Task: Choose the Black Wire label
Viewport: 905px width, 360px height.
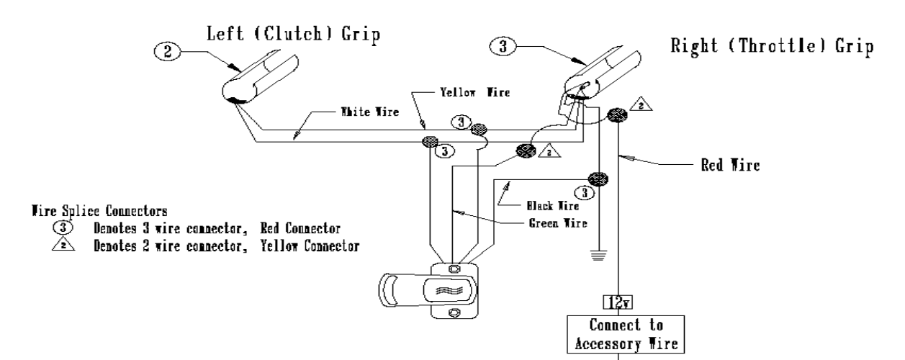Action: point(563,204)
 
